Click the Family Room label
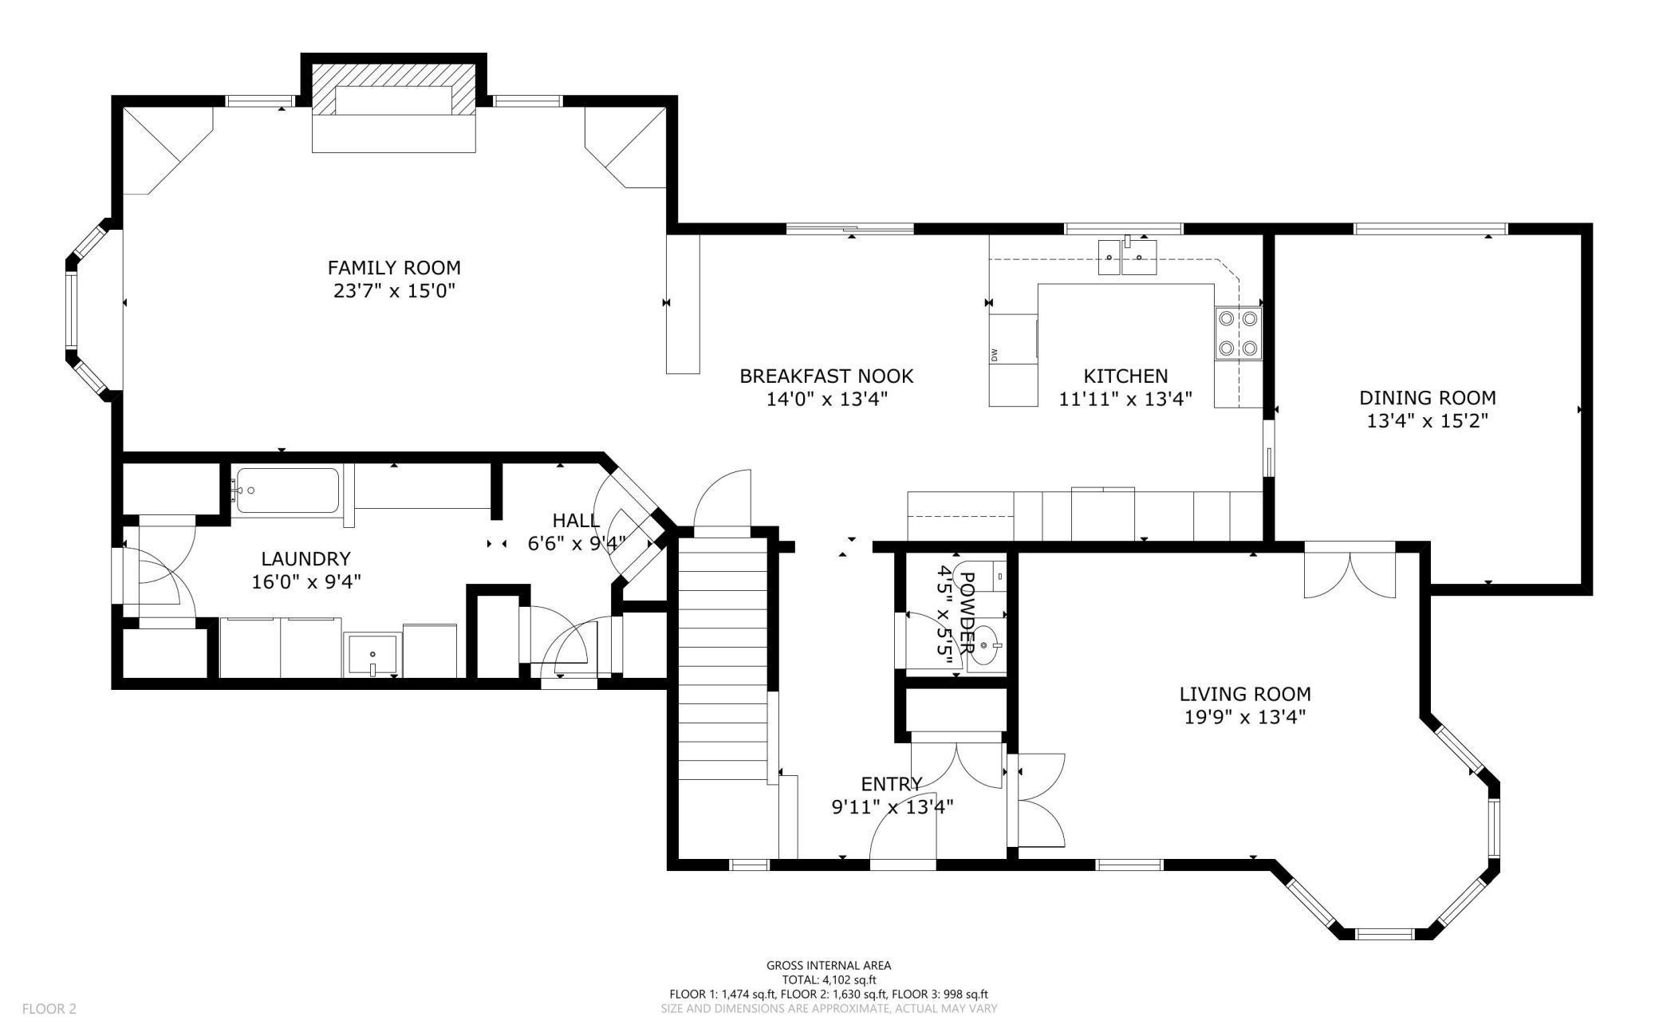pos(394,267)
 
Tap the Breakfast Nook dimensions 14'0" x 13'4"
pos(827,398)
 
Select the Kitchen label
pos(1125,376)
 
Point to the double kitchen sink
pos(1128,257)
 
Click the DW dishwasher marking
pos(995,355)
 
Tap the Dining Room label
pos(1428,397)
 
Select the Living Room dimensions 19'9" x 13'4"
pos(1245,717)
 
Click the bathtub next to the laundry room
pos(287,490)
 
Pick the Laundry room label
pos(306,559)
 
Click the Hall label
pos(576,521)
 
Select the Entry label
pos(892,784)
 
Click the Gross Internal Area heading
pos(829,965)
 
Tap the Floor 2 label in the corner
pos(49,1009)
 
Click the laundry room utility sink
pos(372,655)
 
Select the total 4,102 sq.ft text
pos(829,980)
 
